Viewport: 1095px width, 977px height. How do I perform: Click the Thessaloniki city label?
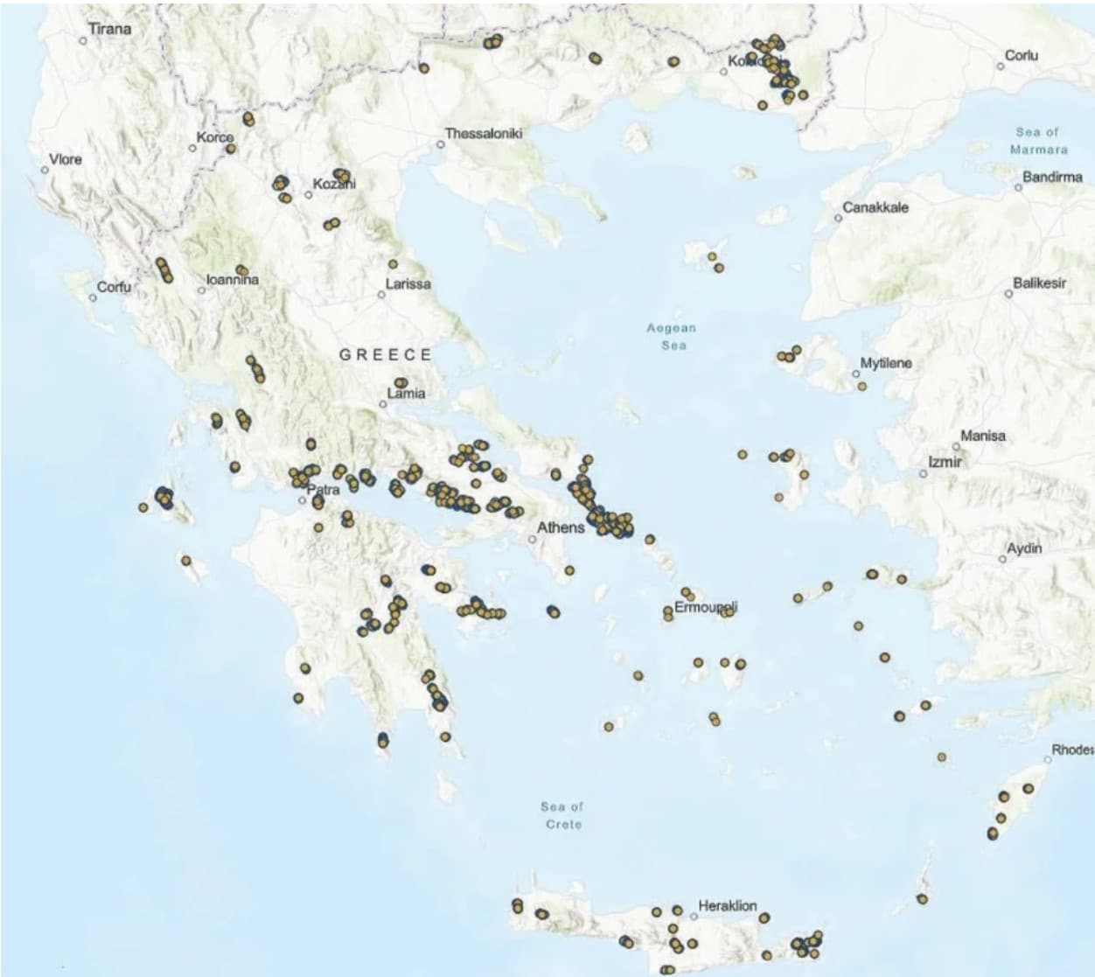483,134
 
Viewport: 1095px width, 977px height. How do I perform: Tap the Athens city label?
561,527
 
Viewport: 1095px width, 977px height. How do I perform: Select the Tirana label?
110,29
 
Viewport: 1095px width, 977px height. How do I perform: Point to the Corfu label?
114,287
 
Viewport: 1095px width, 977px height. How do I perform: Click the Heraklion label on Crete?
728,905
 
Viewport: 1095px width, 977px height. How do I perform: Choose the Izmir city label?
945,461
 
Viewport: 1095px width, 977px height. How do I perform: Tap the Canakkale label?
875,207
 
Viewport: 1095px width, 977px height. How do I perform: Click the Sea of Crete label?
561,815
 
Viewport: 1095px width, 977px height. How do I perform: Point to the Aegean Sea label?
672,336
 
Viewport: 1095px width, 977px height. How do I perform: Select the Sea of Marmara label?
1037,140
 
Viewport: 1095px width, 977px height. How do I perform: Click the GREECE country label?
386,354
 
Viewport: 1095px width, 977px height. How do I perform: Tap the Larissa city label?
408,284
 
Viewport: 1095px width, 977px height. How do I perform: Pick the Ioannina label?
233,280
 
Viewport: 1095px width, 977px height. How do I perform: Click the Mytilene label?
886,363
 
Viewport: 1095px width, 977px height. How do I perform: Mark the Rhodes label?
1072,750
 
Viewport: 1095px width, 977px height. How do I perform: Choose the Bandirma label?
1052,177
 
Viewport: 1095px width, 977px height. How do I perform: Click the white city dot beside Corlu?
1001,66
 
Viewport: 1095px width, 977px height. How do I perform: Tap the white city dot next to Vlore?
45,170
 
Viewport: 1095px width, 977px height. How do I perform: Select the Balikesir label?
1040,283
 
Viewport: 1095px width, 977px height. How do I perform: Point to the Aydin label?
1024,548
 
